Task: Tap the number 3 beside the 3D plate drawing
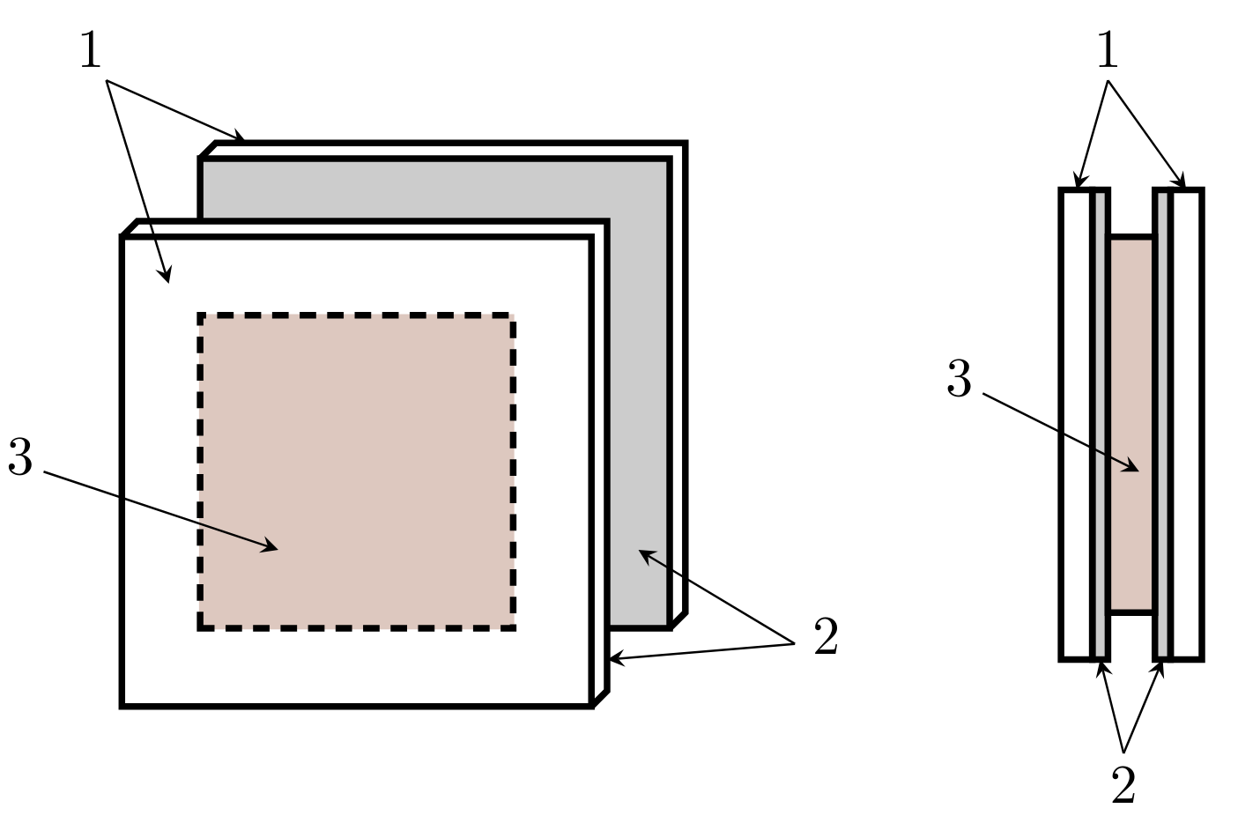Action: click(20, 456)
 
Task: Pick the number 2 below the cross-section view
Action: click(1123, 785)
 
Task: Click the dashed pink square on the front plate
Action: click(357, 471)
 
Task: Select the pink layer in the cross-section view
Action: click(1131, 425)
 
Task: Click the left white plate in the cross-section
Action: click(1077, 425)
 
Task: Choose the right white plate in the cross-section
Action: click(1187, 425)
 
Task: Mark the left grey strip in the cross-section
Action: click(1101, 425)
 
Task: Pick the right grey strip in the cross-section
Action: click(1162, 425)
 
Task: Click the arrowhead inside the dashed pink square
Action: click(271, 546)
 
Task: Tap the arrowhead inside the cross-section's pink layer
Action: click(1131, 467)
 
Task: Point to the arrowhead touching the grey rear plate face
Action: click(647, 555)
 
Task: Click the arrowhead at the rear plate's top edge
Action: click(238, 135)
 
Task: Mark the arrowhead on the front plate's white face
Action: click(166, 275)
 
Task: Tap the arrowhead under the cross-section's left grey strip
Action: click(1102, 669)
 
